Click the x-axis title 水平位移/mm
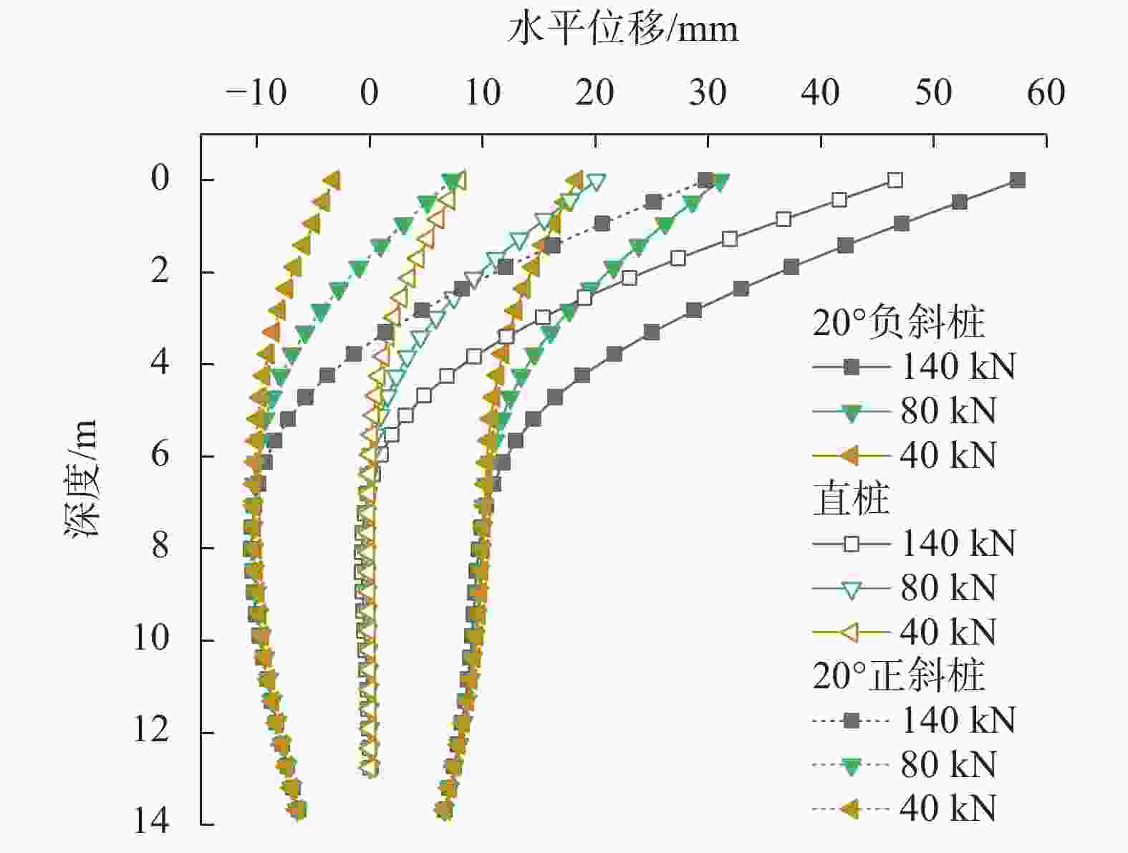coord(622,30)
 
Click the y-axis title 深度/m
coord(81,478)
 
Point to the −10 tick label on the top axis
coord(256,93)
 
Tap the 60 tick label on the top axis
coord(1046,93)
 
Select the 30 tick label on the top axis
coord(708,93)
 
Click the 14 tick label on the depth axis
coord(152,821)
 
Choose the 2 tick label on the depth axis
coord(160,271)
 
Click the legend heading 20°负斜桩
coord(899,323)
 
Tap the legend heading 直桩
coord(852,499)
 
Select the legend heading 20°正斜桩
coord(899,675)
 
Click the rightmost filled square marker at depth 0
coord(1017,180)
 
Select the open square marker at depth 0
coord(895,180)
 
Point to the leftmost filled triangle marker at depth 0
coord(332,180)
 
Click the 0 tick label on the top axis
coord(370,93)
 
